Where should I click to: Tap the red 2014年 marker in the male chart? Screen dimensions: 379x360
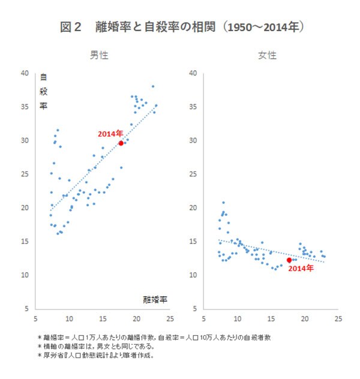click(x=121, y=143)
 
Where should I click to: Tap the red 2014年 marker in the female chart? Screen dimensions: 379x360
click(x=289, y=260)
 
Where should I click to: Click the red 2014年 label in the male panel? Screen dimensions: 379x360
click(x=110, y=134)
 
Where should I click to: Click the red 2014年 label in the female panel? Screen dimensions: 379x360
click(x=300, y=269)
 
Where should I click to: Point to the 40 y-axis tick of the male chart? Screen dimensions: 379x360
click(x=25, y=73)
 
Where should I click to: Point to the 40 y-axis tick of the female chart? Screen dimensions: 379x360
click(x=193, y=73)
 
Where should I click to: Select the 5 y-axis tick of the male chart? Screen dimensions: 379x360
click(x=26, y=309)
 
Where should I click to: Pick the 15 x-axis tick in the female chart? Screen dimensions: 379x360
click(x=271, y=318)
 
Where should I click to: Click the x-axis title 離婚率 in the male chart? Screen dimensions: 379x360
click(x=155, y=299)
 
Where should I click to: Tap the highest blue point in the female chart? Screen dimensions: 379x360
click(x=224, y=203)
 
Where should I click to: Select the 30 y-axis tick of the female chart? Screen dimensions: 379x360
click(x=193, y=140)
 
